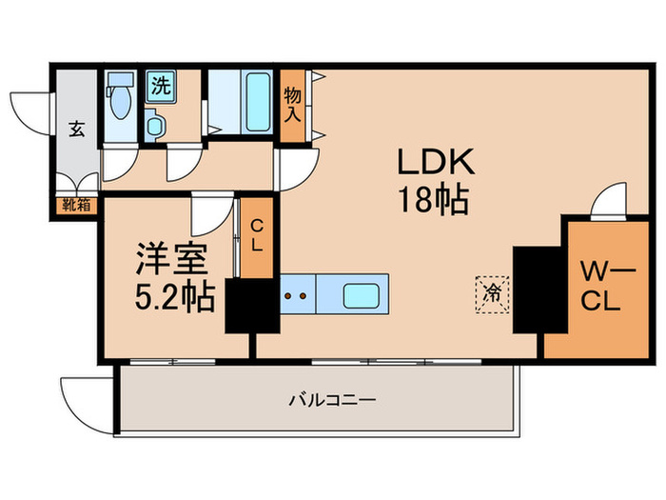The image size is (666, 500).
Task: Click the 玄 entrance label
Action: pos(75,129)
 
